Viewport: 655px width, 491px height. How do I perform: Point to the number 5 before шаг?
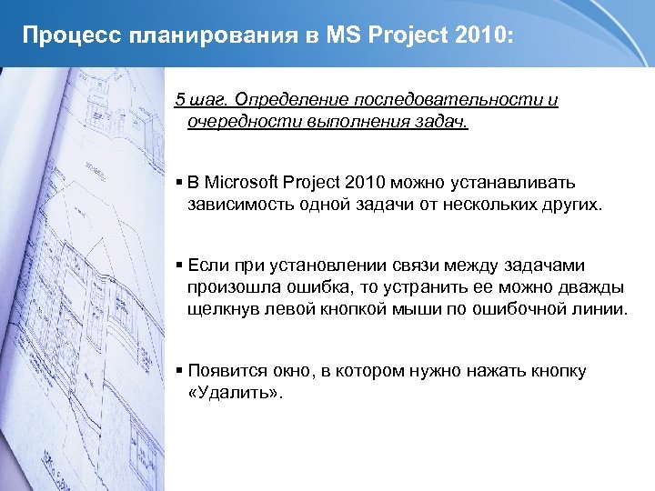click(179, 99)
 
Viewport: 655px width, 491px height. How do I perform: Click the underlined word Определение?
click(287, 99)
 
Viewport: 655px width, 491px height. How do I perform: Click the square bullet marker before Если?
click(179, 266)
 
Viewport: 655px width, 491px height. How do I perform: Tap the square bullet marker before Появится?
click(179, 372)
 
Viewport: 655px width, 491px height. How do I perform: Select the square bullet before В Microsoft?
click(179, 184)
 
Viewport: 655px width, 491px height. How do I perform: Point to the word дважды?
click(592, 287)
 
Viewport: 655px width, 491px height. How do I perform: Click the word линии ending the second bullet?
click(600, 309)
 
